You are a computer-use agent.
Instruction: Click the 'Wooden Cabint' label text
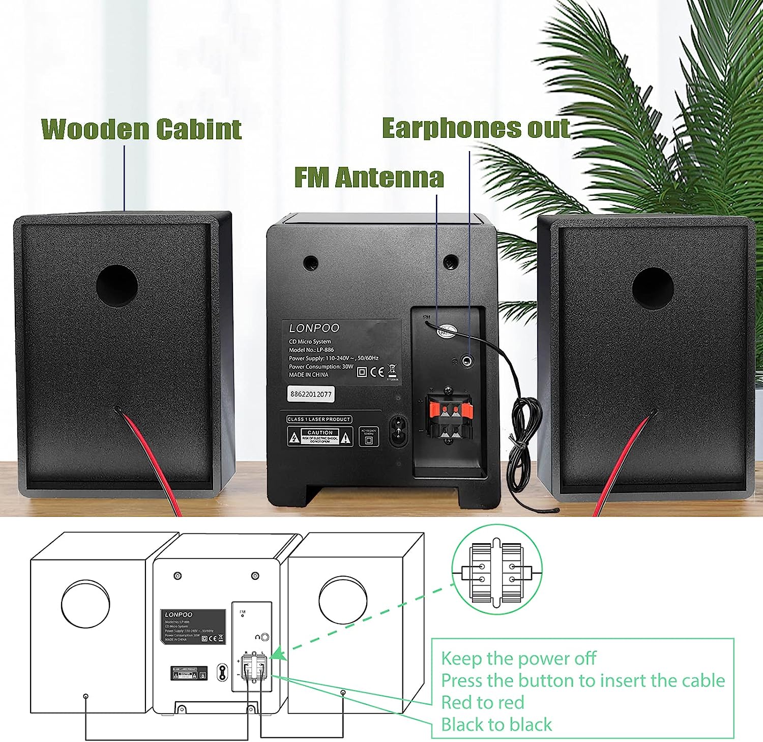[141, 129]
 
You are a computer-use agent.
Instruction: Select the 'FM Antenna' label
[369, 177]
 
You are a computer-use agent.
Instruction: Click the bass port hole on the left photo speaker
[117, 285]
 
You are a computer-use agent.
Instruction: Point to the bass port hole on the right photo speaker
[653, 288]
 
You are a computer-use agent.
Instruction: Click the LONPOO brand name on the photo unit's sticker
[314, 328]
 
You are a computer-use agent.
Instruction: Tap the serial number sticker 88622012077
[310, 394]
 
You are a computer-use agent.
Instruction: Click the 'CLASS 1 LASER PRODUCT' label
[319, 419]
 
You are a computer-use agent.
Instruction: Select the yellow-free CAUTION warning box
[320, 436]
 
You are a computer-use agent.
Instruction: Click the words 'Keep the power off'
[518, 658]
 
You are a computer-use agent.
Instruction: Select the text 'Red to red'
[482, 702]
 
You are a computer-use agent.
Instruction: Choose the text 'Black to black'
[496, 724]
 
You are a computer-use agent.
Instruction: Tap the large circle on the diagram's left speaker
[85, 604]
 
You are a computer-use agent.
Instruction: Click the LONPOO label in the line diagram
[179, 614]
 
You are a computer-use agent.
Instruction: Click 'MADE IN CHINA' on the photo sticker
[309, 375]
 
